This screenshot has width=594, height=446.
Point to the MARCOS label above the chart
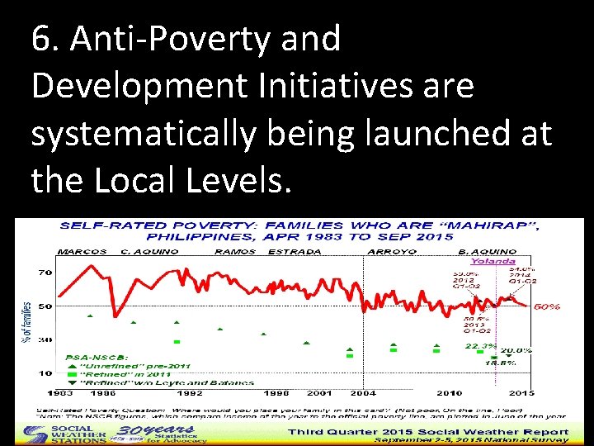(x=83, y=251)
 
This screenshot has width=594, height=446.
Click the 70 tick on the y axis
(x=45, y=273)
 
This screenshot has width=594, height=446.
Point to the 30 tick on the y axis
(x=45, y=339)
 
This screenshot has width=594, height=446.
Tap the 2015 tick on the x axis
(x=520, y=393)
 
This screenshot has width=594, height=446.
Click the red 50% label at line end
(x=547, y=306)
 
